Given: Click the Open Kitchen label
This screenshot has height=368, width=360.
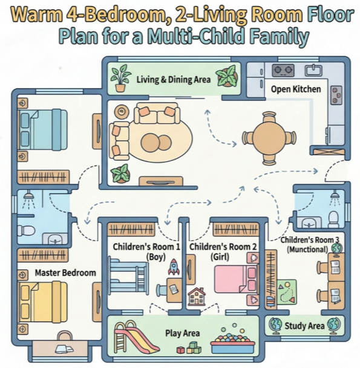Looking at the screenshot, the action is (296, 89).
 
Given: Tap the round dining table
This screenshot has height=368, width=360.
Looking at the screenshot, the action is (269, 138).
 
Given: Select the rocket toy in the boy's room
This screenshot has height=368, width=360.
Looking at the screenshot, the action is (174, 266).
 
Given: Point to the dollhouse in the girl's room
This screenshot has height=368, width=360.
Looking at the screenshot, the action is (197, 297).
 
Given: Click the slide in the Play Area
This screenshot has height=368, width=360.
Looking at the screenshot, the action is (136, 337).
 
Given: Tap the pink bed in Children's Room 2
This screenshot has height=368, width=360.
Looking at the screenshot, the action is (236, 279).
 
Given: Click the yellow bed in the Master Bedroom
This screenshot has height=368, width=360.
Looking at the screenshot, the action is (43, 302).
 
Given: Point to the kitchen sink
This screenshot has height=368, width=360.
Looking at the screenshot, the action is (313, 70).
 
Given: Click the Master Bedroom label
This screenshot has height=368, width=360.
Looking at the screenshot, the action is (65, 273).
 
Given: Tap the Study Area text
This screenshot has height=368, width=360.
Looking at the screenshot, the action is (304, 326).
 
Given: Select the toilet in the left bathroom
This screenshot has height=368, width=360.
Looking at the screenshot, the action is (26, 230).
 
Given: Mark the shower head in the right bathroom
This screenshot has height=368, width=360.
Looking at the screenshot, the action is (335, 198).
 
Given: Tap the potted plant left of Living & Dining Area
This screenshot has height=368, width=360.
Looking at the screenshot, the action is (120, 78).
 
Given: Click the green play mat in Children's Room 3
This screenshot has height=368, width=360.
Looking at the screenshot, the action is (286, 292).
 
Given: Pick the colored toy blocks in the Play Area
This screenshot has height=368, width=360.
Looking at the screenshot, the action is (189, 348).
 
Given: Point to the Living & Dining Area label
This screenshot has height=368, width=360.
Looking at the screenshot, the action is (174, 80).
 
